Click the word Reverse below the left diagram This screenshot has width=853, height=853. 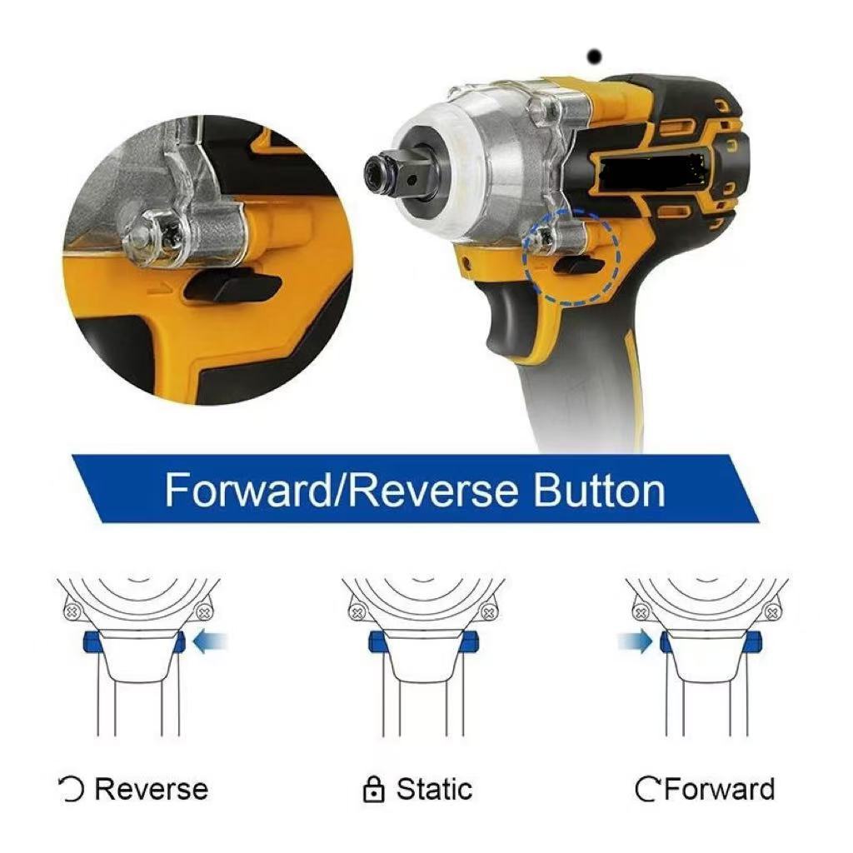tap(152, 790)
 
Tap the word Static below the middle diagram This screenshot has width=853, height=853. tap(434, 789)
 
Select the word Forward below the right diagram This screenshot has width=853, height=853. tap(719, 790)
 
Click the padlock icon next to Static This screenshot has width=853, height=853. tap(373, 790)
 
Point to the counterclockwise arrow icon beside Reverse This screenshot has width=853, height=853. tap(72, 790)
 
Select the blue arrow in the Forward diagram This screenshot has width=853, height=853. tap(635, 642)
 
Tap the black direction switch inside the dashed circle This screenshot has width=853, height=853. tap(581, 266)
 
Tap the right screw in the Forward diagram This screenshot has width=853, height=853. tap(772, 614)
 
